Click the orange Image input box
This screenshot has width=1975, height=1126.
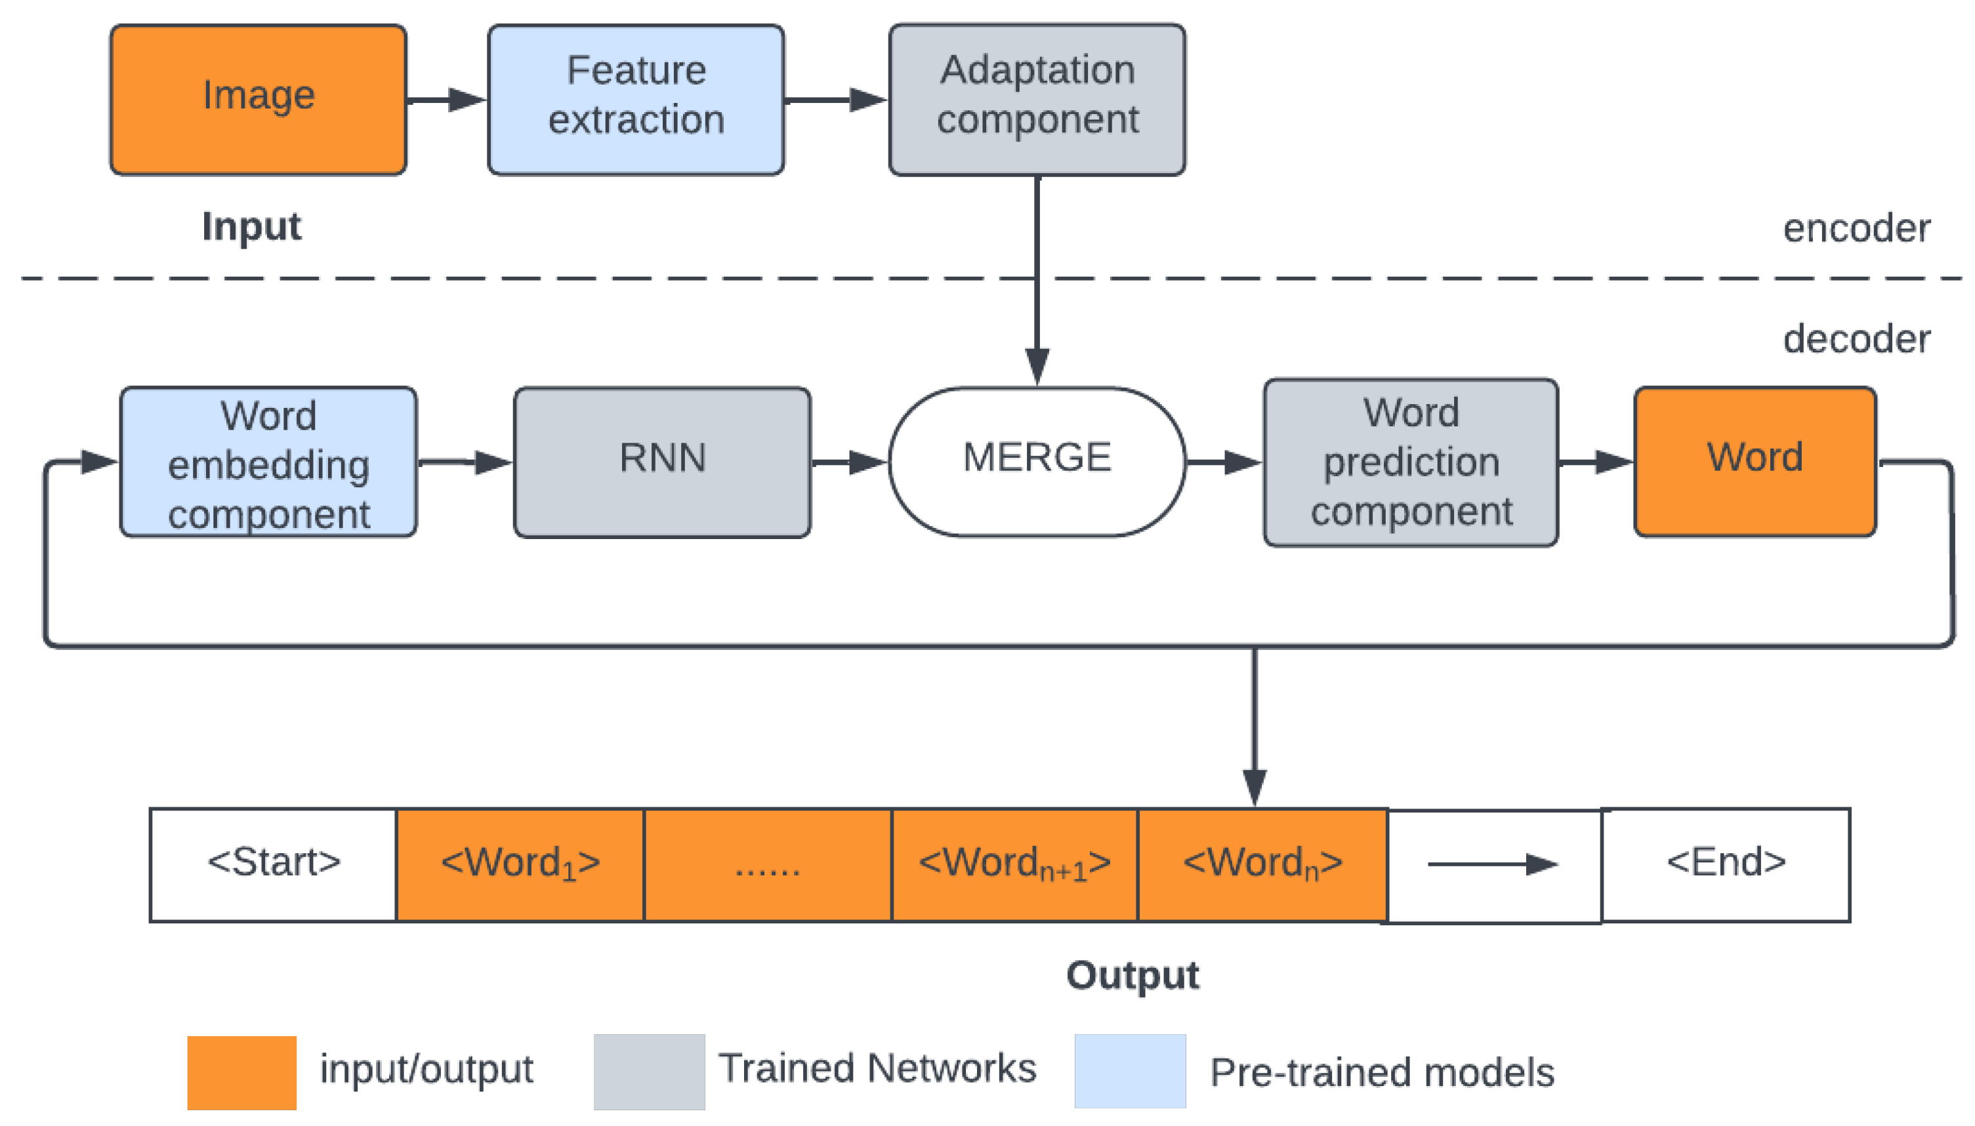[x=258, y=99]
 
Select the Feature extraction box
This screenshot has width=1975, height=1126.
[x=635, y=99]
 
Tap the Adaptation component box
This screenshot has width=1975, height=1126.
[x=1036, y=99]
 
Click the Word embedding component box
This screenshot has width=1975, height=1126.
[x=268, y=462]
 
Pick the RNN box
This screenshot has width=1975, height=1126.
[x=661, y=462]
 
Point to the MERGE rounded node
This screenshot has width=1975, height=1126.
[x=1036, y=461]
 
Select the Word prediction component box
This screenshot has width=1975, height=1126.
[x=1409, y=462]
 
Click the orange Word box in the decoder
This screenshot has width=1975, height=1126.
[x=1754, y=461]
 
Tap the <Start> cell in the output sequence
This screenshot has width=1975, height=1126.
[x=273, y=864]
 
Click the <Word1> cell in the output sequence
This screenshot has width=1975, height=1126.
[x=519, y=864]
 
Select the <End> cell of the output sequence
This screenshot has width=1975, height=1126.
[x=1724, y=864]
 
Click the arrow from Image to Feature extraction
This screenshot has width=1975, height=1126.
[x=445, y=100]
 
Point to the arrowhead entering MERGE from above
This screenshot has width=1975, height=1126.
[x=1037, y=365]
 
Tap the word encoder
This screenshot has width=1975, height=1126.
[x=1855, y=228]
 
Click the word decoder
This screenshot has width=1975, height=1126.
[x=1855, y=339]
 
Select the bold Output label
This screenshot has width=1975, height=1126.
[x=1132, y=975]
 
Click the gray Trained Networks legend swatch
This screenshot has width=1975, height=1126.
[x=648, y=1072]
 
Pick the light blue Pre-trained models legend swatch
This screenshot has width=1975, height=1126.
[x=1129, y=1071]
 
